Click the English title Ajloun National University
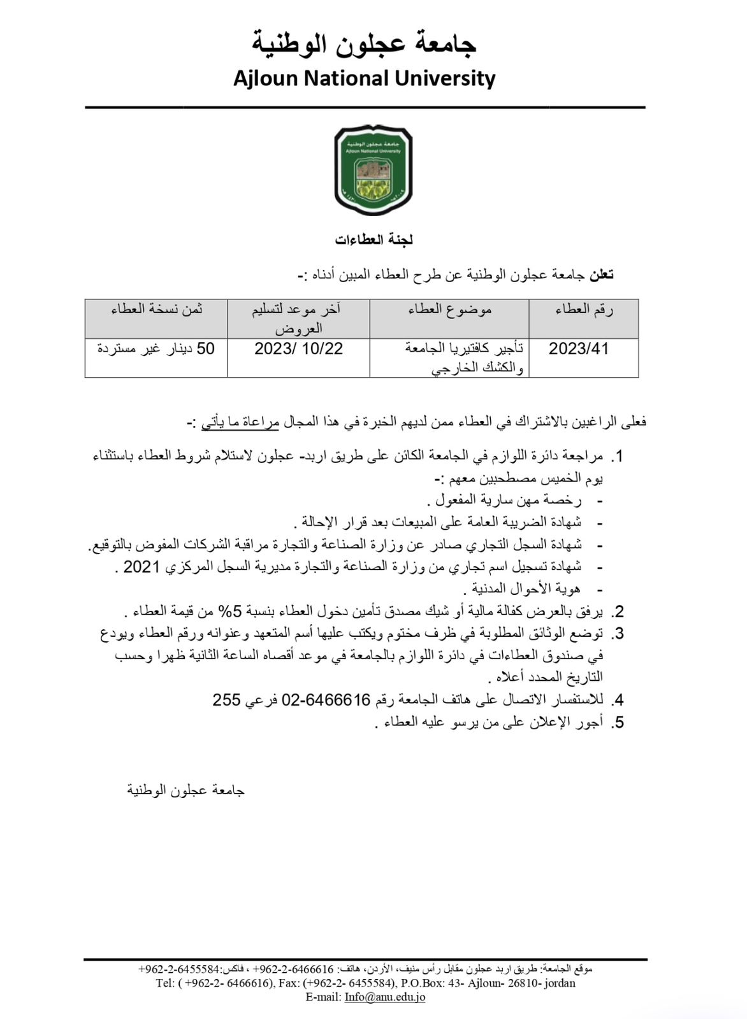pyautogui.click(x=364, y=78)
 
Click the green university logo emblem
pyautogui.click(x=373, y=170)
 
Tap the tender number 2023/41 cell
pyautogui.click(x=578, y=349)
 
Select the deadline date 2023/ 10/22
pyautogui.click(x=298, y=349)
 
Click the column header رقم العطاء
pyautogui.click(x=584, y=310)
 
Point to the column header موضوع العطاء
pyautogui.click(x=450, y=310)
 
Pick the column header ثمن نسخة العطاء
pyautogui.click(x=157, y=310)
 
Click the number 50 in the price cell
pyautogui.click(x=205, y=349)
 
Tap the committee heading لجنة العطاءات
pyautogui.click(x=374, y=240)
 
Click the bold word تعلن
pyautogui.click(x=601, y=275)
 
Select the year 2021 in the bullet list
pyautogui.click(x=141, y=567)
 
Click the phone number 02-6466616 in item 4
pyautogui.click(x=326, y=700)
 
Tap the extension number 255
pyautogui.click(x=226, y=700)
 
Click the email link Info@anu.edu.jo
pyautogui.click(x=385, y=997)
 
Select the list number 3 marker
pyautogui.click(x=617, y=634)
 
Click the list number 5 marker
pyautogui.click(x=617, y=723)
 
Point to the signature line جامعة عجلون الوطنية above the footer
pyautogui.click(x=186, y=790)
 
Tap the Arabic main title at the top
pyautogui.click(x=364, y=43)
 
